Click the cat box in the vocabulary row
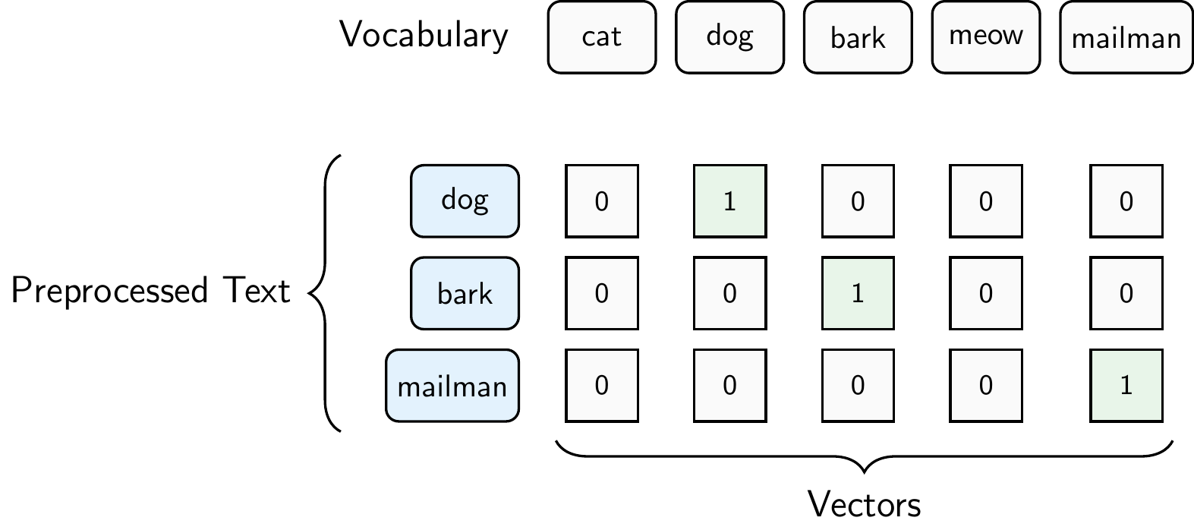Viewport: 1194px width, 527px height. (x=601, y=37)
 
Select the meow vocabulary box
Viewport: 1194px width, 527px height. (x=985, y=37)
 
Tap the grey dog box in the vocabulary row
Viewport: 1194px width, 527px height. (x=729, y=37)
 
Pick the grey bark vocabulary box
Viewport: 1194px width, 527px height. (x=858, y=37)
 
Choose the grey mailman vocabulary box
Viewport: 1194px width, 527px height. (x=1126, y=37)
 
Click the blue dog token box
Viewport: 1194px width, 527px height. (x=465, y=201)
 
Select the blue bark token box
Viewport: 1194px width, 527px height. (x=465, y=293)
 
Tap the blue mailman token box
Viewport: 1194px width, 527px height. (x=452, y=386)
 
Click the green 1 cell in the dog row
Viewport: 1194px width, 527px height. (x=729, y=201)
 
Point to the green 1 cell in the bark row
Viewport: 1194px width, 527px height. (x=858, y=293)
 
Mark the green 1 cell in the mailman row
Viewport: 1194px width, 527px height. (x=1126, y=386)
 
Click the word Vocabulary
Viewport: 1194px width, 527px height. (x=424, y=36)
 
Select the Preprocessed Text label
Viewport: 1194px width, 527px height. (x=150, y=292)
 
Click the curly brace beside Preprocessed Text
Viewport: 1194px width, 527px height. (x=325, y=293)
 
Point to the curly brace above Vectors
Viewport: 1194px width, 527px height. (x=865, y=456)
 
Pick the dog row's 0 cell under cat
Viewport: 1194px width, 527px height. (x=601, y=201)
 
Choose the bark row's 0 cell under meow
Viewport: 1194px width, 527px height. (x=985, y=293)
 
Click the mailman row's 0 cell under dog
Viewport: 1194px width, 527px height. (x=729, y=386)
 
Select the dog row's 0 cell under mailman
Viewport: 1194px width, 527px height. (x=1126, y=201)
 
